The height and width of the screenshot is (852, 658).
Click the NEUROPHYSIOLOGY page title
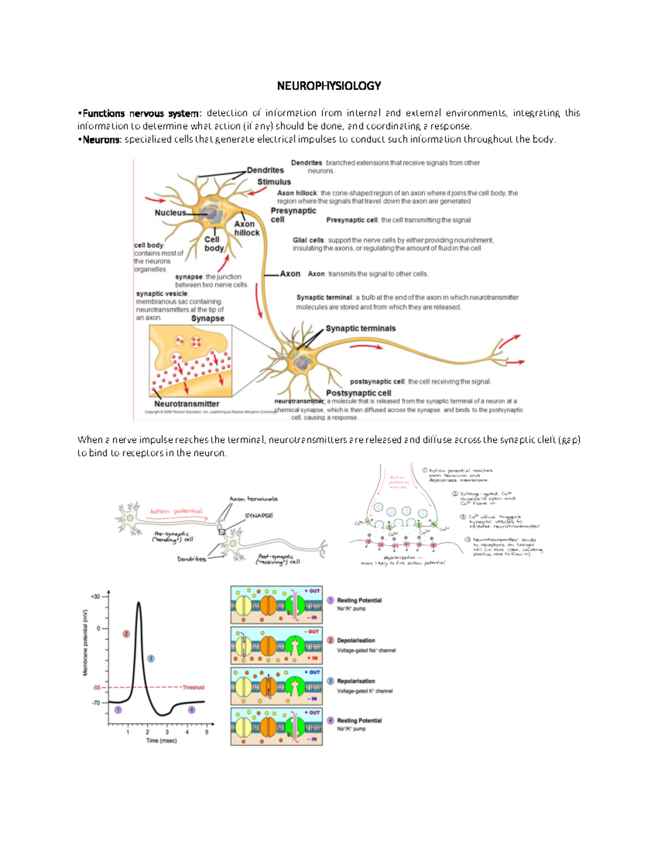(328, 86)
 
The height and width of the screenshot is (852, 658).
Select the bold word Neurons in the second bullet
(101, 139)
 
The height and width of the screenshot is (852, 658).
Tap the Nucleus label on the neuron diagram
(170, 213)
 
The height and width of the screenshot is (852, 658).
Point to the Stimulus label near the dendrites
(274, 182)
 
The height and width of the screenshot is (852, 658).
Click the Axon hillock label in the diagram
(246, 228)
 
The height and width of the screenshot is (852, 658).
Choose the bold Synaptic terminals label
(360, 328)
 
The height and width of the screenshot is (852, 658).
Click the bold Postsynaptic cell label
(359, 393)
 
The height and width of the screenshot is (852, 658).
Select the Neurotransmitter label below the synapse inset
(186, 404)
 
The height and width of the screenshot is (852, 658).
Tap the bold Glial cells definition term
(308, 240)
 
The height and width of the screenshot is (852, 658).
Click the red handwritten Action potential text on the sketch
(176, 511)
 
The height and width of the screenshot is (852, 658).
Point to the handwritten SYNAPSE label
(258, 516)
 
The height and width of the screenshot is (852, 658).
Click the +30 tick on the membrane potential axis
(95, 596)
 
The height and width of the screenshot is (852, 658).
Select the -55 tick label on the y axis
(97, 687)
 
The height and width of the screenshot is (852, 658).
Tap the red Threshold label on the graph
(193, 687)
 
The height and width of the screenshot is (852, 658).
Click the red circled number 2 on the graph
(126, 634)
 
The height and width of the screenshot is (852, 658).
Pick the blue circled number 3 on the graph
(151, 658)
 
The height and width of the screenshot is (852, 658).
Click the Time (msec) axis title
(161, 741)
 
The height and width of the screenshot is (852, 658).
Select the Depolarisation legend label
(356, 640)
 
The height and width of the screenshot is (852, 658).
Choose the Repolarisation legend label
(356, 681)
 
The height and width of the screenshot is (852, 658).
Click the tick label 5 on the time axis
(207, 732)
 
